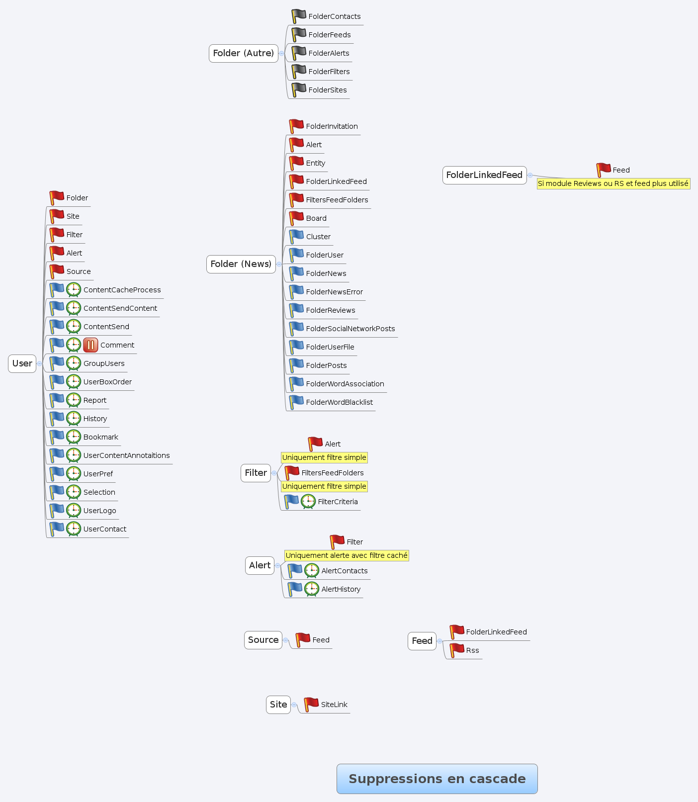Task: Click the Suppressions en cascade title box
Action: coord(437,779)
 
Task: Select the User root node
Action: coord(22,363)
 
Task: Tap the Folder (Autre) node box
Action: coord(243,53)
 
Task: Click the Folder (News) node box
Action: coord(241,264)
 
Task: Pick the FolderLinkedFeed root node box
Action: coord(484,175)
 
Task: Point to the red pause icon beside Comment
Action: coord(90,345)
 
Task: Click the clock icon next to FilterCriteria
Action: coord(308,502)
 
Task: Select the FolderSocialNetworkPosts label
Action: coord(350,329)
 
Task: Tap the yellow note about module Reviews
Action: coord(613,183)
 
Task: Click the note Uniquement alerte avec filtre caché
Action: coord(347,555)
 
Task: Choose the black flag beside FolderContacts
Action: coord(298,16)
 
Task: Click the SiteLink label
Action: coord(334,705)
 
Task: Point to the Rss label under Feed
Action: coord(472,650)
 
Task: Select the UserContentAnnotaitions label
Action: coord(126,455)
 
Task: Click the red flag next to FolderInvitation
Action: coord(296,126)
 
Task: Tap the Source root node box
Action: coord(263,640)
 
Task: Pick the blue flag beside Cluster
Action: coord(296,237)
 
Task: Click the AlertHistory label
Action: coord(341,589)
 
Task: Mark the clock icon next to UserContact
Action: coord(74,529)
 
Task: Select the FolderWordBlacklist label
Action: coord(339,402)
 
